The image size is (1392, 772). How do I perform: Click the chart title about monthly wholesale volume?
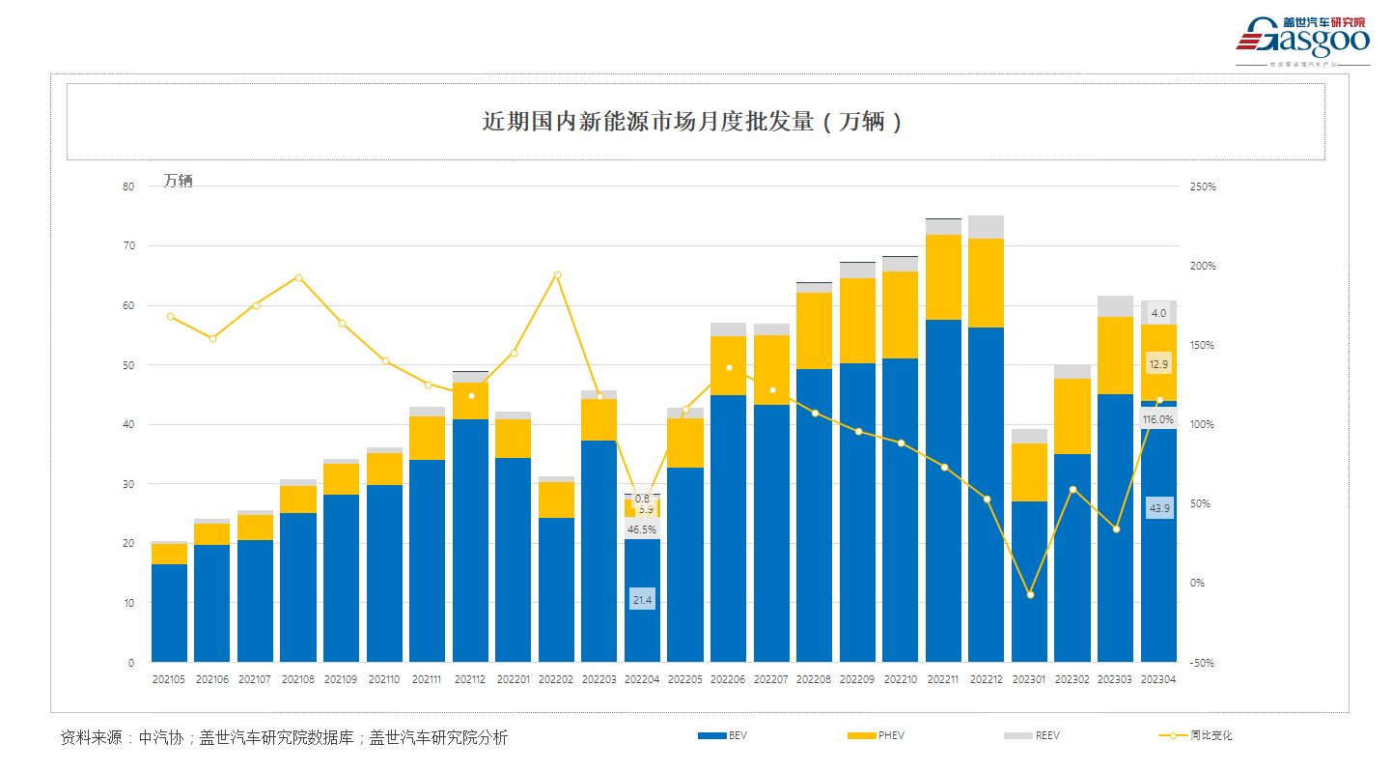point(694,122)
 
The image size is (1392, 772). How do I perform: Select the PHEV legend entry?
point(876,735)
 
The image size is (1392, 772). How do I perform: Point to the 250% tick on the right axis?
point(1202,186)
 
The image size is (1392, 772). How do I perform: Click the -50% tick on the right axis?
point(1204,663)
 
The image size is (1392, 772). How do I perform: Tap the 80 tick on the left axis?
point(128,186)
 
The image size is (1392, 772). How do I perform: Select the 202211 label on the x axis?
point(943,679)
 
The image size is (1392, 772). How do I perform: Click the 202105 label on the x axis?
point(170,679)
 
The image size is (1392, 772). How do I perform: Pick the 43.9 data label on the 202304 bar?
point(1158,508)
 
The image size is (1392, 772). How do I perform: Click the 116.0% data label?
point(1157,419)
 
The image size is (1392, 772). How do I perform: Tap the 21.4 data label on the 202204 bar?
point(642,600)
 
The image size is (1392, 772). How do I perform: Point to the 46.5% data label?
point(642,529)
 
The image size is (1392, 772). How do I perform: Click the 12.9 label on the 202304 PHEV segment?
point(1158,364)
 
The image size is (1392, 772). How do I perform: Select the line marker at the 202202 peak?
point(557,275)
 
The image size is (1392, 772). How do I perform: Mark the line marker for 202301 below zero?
point(1030,595)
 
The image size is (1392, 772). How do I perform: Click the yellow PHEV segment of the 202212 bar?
point(987,282)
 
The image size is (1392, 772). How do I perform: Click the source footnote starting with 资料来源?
point(284,737)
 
